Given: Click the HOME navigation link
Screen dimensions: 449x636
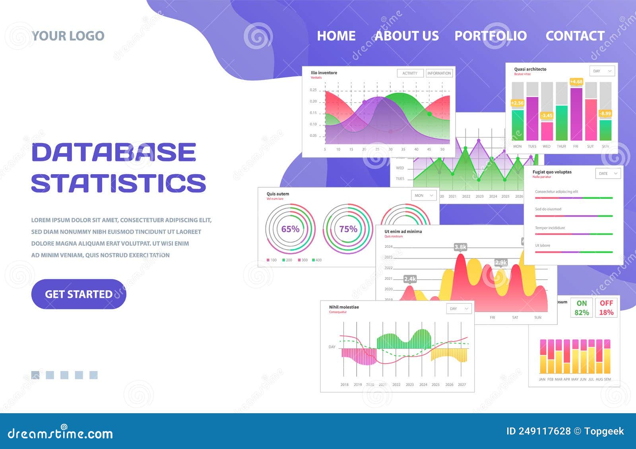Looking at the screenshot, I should [x=336, y=36].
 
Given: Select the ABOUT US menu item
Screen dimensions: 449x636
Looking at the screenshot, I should [x=407, y=36].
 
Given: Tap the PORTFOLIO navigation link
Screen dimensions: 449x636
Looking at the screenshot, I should [x=491, y=36].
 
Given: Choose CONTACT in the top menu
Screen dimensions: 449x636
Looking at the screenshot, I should [x=575, y=36].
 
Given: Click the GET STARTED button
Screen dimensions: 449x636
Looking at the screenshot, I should [x=79, y=294].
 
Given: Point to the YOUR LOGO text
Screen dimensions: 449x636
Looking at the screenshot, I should [x=68, y=36].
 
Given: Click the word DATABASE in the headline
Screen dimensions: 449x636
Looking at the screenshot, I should [x=114, y=152].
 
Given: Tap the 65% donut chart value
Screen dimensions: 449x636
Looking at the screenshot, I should [x=290, y=229].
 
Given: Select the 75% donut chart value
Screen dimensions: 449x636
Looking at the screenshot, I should [x=348, y=229].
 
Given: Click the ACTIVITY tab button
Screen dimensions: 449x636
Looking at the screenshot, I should [x=410, y=73].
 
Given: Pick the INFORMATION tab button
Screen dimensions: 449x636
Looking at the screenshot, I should [x=439, y=73].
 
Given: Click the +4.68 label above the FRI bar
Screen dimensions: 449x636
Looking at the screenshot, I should [x=576, y=82].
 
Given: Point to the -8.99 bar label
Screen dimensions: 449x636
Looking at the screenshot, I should [x=605, y=113].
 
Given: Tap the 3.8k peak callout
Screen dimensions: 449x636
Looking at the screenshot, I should [x=460, y=247].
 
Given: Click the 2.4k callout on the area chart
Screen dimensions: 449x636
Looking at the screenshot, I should [x=410, y=279].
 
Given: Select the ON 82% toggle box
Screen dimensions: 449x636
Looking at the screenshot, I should [x=582, y=308].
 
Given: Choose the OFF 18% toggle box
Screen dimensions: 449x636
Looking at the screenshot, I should [x=606, y=308].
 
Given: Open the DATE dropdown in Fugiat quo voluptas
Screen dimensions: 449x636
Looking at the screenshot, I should [x=608, y=173].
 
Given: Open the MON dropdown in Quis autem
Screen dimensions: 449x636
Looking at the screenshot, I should [x=424, y=195].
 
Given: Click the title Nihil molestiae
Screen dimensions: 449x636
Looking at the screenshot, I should [x=344, y=307].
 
